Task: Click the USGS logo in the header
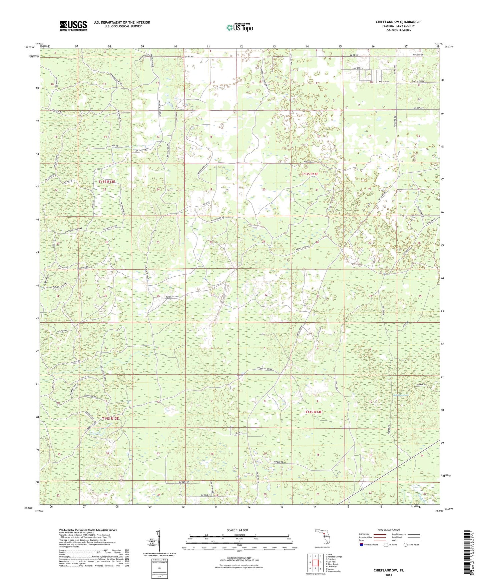tap(73, 26)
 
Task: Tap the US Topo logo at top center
tap(239, 27)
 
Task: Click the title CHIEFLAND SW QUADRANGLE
tap(398, 22)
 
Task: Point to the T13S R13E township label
tap(107, 182)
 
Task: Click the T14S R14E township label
tap(314, 412)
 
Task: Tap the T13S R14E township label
tap(310, 174)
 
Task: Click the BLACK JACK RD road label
tap(172, 297)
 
